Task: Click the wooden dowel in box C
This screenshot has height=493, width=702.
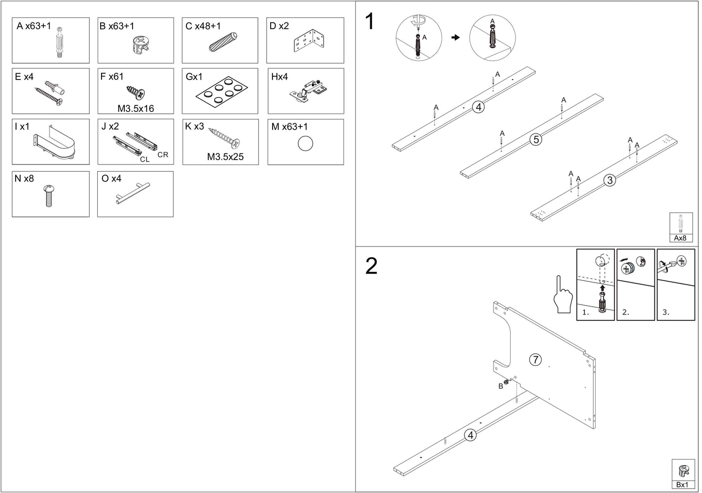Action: pos(223,42)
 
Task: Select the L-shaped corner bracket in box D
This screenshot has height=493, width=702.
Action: pos(308,41)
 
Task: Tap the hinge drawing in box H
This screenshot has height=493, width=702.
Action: pos(308,92)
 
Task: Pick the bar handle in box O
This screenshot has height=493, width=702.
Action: pos(133,194)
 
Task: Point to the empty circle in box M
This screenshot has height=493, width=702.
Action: pos(305,144)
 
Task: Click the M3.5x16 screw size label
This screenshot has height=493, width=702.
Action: pos(136,109)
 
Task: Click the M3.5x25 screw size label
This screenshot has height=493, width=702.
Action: pos(225,157)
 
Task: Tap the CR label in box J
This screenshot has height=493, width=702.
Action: pos(163,155)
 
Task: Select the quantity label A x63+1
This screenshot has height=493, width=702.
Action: pos(34,26)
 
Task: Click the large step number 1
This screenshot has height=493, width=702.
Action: pos(370,21)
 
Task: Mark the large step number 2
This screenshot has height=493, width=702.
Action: pos(371,266)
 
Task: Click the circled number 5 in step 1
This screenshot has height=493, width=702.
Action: pos(536,139)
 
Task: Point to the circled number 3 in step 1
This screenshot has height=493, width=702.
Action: pos(610,180)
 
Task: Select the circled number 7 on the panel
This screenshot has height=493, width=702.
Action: pos(535,360)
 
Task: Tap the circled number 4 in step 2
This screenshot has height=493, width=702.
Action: pos(470,435)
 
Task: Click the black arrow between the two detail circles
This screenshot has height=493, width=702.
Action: pos(456,37)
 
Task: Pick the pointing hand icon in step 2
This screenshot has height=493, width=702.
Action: pos(563,294)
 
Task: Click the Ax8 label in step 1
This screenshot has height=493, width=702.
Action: pos(680,238)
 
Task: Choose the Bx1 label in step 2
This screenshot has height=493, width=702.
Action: pos(682,485)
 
